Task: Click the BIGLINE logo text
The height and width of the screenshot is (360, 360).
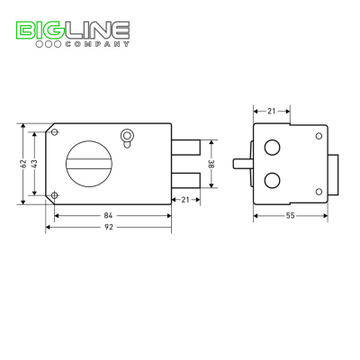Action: coord(73,30)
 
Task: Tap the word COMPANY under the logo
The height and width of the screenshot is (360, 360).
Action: coord(97,44)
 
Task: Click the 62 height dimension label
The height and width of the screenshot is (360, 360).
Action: coord(23,164)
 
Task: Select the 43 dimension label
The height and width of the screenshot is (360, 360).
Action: coord(34,164)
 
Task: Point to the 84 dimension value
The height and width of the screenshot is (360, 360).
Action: coord(108,215)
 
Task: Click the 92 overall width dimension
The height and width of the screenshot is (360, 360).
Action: coord(108,227)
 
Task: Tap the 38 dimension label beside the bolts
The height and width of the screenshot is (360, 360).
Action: coord(211,164)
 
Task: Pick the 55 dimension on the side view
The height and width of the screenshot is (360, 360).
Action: coord(290,215)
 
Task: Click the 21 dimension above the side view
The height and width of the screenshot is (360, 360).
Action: coord(272,112)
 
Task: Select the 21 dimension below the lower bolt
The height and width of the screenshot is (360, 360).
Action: coord(185,200)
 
